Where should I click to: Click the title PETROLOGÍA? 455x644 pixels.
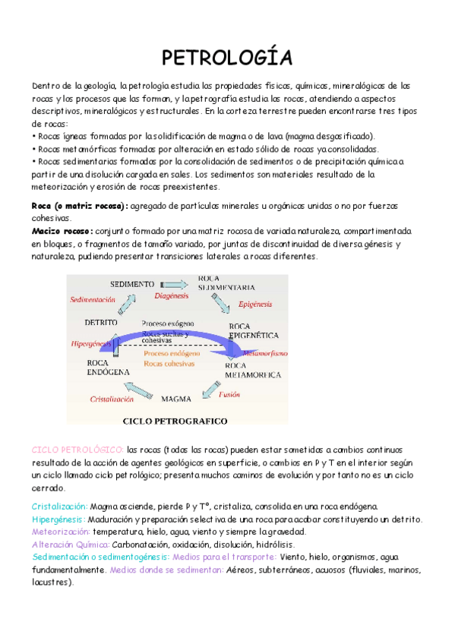pos(227,58)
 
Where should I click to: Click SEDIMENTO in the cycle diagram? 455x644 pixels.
pos(132,283)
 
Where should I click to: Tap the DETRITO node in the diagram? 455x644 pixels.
pos(101,322)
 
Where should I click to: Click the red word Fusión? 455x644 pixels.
pos(229,394)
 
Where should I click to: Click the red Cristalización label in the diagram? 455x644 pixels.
pos(112,398)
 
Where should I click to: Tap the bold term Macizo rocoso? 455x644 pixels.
pos(63,230)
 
